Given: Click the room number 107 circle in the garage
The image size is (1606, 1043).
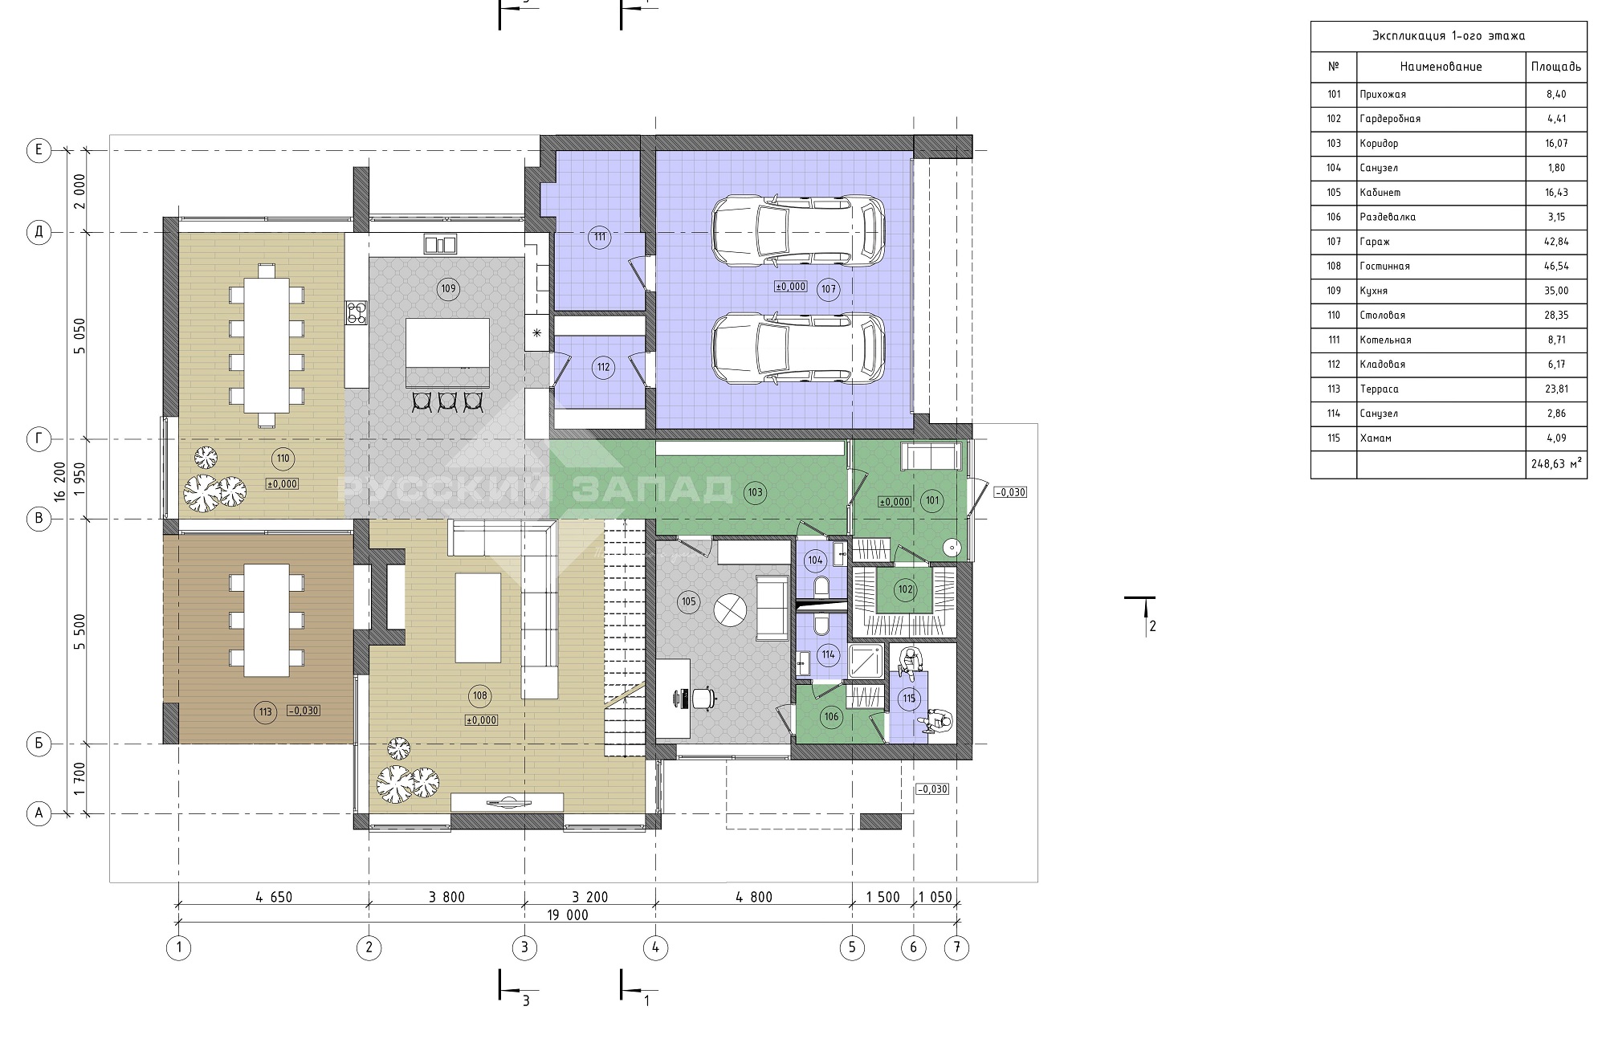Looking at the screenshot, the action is [x=829, y=289].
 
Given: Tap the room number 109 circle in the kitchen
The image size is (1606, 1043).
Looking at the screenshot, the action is [x=447, y=288].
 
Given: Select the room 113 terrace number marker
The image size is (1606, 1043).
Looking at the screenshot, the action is [x=265, y=711].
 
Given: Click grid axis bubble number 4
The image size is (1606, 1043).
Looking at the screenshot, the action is [x=655, y=947].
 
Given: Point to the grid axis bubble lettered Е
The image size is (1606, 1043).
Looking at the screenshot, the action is [x=39, y=150].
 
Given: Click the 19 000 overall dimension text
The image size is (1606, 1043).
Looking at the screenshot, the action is [x=569, y=915].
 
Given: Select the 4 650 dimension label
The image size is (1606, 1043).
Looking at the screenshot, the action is [x=273, y=897].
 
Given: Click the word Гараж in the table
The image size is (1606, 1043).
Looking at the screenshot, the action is [x=1375, y=242].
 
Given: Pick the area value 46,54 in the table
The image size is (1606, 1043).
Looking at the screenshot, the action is [x=1555, y=266].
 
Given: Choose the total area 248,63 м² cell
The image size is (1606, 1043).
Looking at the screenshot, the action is [x=1556, y=463].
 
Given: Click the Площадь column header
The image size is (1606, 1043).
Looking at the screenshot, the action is [x=1556, y=67].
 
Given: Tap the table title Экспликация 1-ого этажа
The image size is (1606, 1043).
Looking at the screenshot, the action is [x=1449, y=36].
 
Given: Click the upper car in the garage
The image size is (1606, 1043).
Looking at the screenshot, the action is [x=799, y=232].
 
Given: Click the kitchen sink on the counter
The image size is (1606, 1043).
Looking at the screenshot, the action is [x=440, y=244].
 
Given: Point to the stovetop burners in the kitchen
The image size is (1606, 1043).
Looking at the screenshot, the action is [x=357, y=312].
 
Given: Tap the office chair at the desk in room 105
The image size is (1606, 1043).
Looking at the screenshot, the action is [x=701, y=699].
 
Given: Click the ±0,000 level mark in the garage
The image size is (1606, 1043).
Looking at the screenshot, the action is [x=791, y=286].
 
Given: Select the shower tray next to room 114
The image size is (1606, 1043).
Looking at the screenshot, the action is [x=866, y=662].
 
